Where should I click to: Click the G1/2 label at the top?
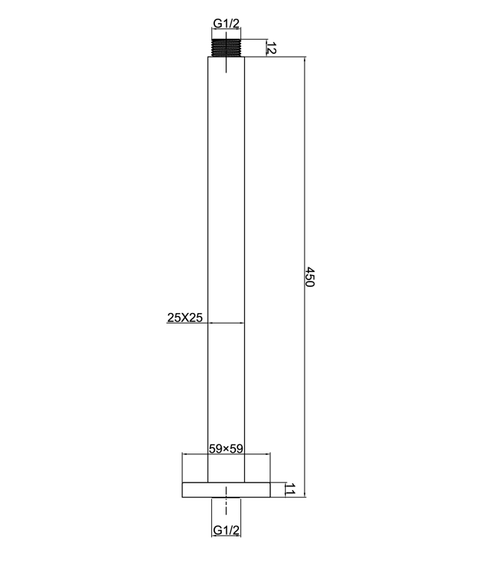tap(225, 24)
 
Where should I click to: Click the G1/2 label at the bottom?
tap(225, 530)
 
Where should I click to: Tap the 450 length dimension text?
tap(311, 277)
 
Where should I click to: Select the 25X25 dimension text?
tap(185, 318)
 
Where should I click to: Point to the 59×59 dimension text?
tap(227, 448)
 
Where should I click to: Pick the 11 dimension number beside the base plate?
tap(290, 490)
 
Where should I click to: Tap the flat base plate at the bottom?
tap(225, 490)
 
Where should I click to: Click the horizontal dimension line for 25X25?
tap(225, 323)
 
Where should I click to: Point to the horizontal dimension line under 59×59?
tap(225, 454)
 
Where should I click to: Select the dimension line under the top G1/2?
tap(225, 31)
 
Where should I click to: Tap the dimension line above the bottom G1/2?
tap(225, 521)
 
